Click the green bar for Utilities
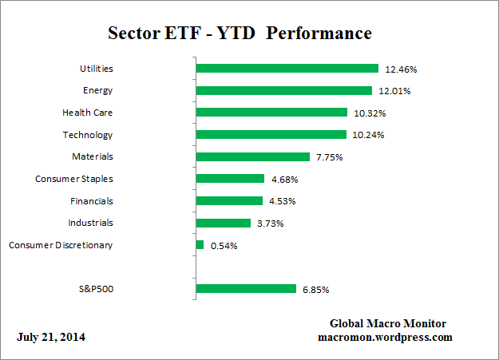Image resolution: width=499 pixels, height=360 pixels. point(287,69)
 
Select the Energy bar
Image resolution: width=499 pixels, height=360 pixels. point(283,90)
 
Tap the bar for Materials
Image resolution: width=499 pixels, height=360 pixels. point(252,156)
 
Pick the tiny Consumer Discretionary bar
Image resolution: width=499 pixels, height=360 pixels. point(200,244)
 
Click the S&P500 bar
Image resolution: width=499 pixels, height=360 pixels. point(246,288)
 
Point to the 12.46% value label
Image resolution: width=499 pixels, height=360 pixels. point(402,69)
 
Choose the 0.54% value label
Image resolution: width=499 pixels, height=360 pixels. point(224,246)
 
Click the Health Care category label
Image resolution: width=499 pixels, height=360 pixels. point(87,113)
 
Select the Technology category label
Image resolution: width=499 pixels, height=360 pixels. point(88,135)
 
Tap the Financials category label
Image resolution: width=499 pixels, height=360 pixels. point(90,201)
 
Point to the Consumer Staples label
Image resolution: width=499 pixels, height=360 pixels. point(74,179)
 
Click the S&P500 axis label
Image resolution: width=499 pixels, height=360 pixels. point(94,288)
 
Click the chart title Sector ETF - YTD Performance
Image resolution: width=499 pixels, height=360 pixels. point(240,34)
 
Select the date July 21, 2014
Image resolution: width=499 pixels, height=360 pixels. point(51,337)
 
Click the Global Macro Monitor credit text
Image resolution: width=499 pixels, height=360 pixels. point(388,323)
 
